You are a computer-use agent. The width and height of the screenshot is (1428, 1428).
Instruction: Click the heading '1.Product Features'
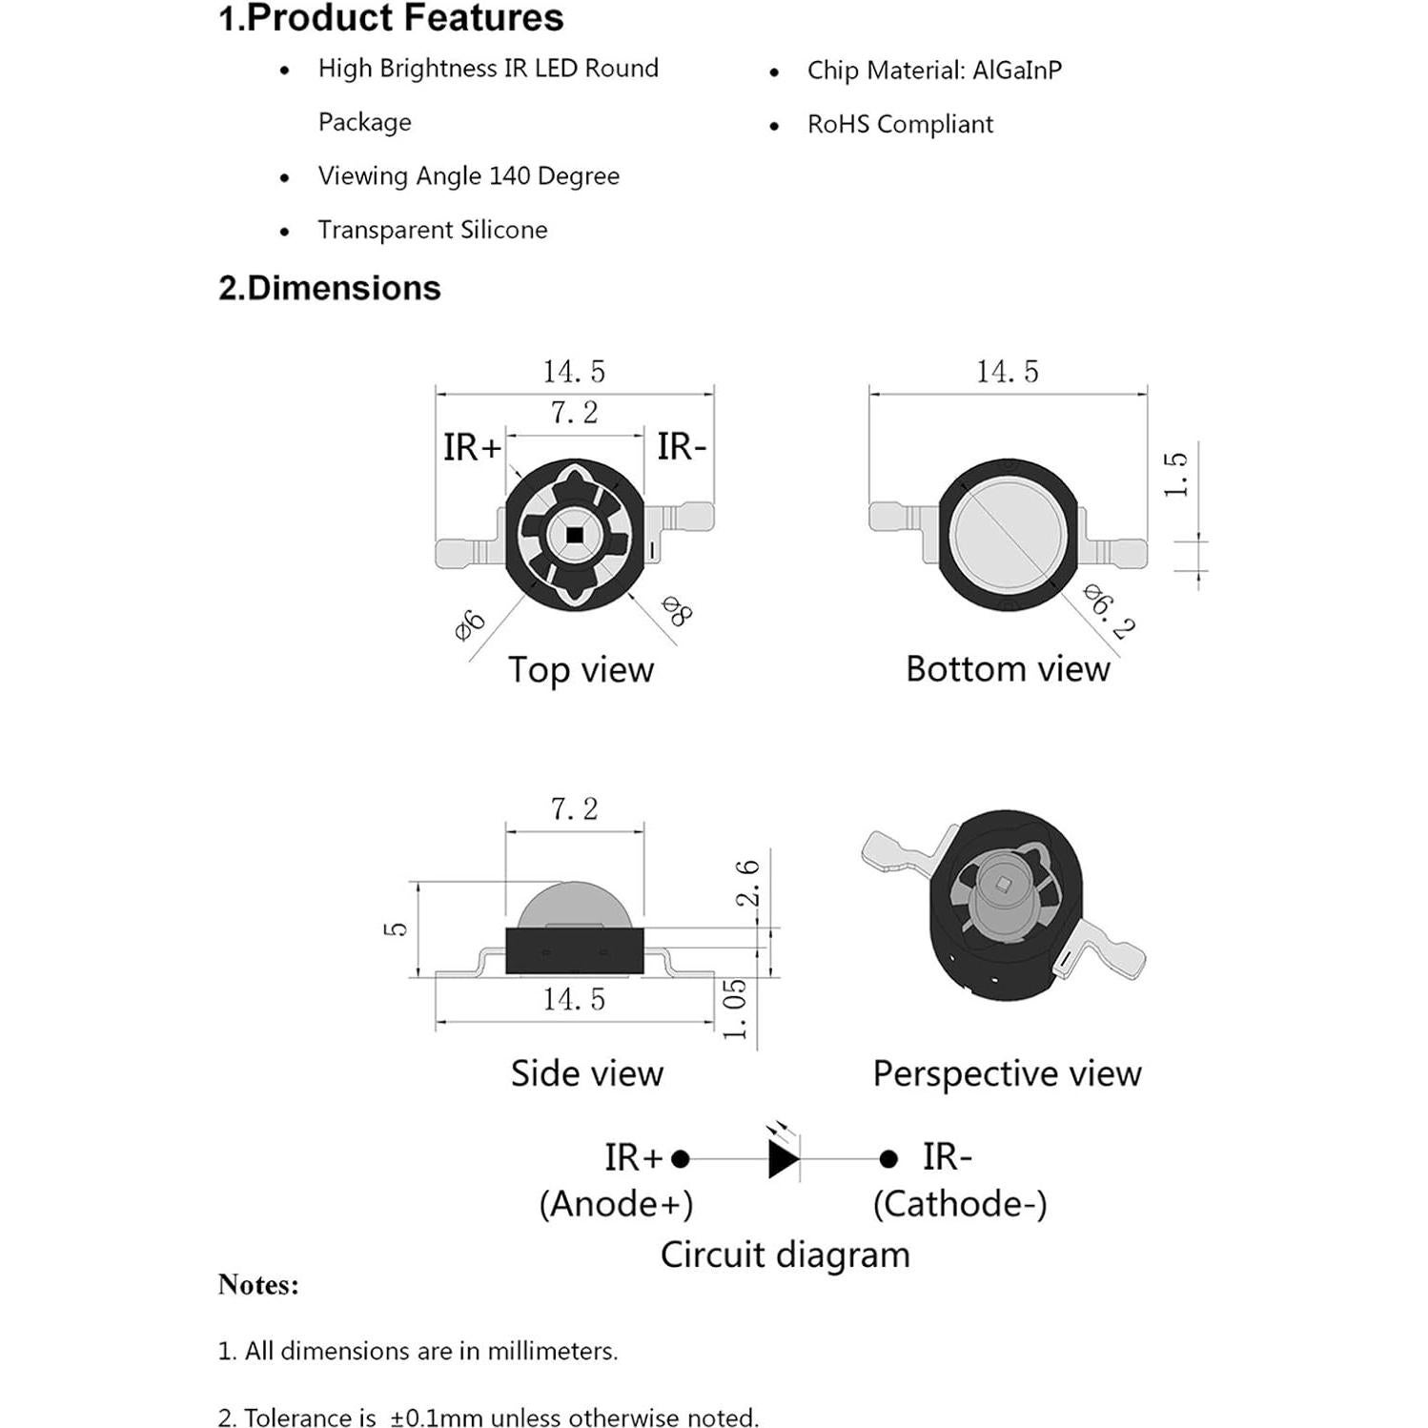click(x=391, y=18)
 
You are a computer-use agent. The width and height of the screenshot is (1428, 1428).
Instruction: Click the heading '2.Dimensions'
click(x=329, y=288)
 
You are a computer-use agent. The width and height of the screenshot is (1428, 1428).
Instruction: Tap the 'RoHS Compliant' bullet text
click(x=900, y=124)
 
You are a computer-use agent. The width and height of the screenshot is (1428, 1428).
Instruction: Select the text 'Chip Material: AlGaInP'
click(x=934, y=71)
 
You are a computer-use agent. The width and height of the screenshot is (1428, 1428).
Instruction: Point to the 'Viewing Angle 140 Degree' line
click(x=468, y=176)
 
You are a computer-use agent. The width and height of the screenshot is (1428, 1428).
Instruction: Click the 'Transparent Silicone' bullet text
click(x=433, y=230)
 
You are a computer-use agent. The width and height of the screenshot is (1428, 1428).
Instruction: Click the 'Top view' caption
click(x=581, y=669)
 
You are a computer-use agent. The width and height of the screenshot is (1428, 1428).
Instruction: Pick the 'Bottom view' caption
click(x=1008, y=669)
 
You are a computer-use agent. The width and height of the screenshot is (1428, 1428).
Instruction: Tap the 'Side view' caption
click(x=586, y=1073)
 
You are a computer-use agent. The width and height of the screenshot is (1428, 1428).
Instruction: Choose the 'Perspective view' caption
click(x=1007, y=1073)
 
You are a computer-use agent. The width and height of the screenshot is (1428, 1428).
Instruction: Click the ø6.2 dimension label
click(x=1110, y=612)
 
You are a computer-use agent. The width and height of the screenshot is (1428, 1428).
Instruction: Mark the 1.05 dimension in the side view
click(x=734, y=1009)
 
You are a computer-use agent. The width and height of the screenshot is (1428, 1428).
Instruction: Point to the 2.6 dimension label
click(x=748, y=882)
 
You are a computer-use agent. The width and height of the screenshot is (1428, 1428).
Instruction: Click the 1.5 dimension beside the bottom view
click(x=1175, y=474)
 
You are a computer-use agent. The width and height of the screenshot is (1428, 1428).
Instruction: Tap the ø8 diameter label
click(x=677, y=610)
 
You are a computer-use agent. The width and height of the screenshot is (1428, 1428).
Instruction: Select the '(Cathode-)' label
click(x=960, y=1204)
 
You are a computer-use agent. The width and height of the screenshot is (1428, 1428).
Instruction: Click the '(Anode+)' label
click(x=616, y=1204)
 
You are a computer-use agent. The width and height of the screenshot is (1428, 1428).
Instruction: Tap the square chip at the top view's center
click(x=575, y=536)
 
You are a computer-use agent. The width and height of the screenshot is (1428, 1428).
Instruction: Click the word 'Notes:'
click(x=258, y=1284)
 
